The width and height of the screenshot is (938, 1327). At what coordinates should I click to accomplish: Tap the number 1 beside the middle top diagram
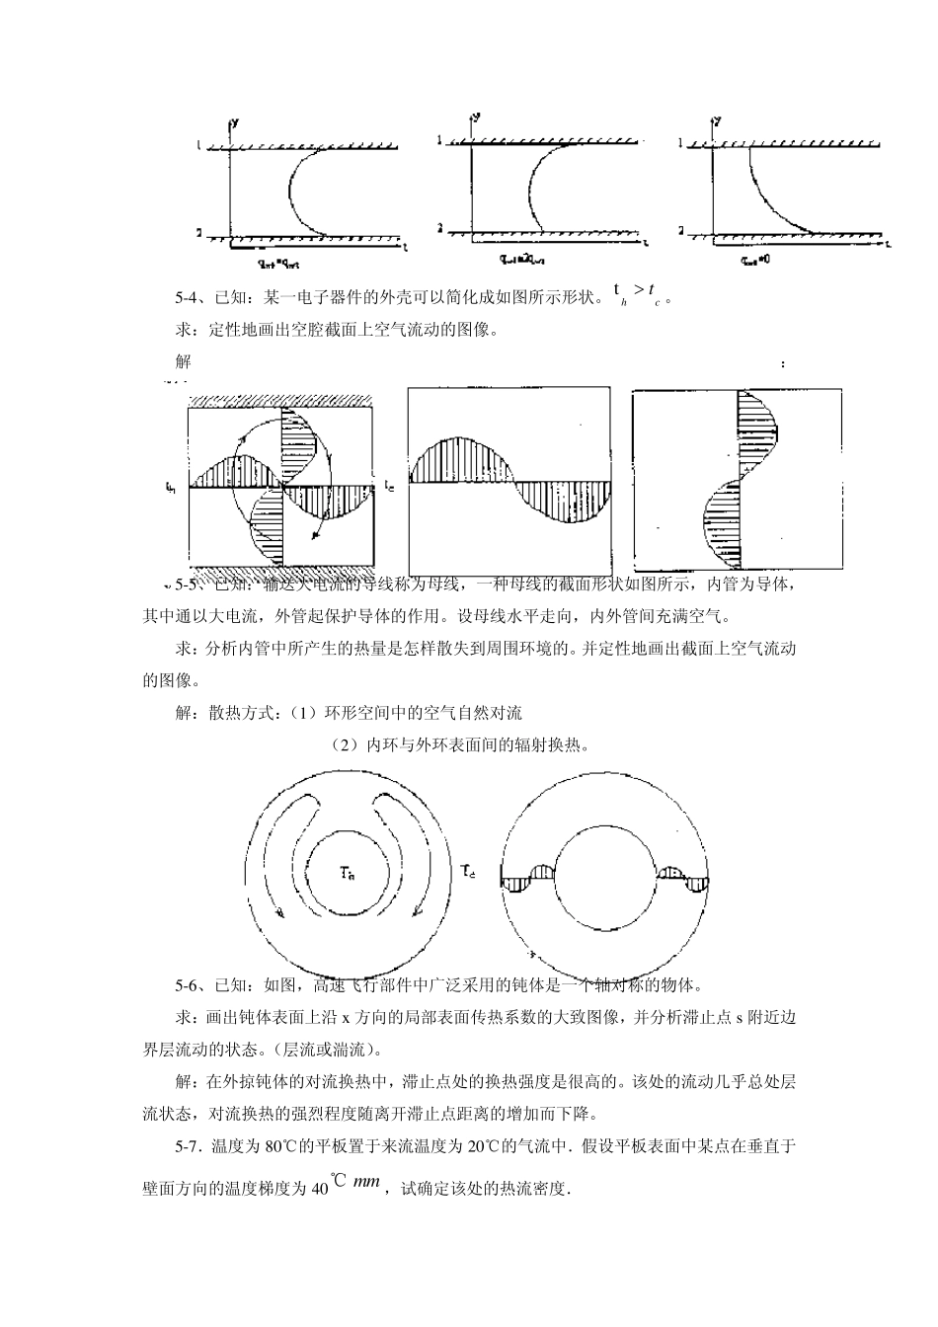coord(440,141)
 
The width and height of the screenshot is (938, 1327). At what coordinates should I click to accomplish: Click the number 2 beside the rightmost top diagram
coord(681,229)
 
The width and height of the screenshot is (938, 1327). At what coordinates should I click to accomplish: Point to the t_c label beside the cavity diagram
coord(390,487)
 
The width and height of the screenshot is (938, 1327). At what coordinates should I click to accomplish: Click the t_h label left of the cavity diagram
coord(172,487)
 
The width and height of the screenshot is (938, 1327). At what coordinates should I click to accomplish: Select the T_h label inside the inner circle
coord(347,872)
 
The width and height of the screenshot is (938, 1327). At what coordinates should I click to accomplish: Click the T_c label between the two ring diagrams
coord(469,870)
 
